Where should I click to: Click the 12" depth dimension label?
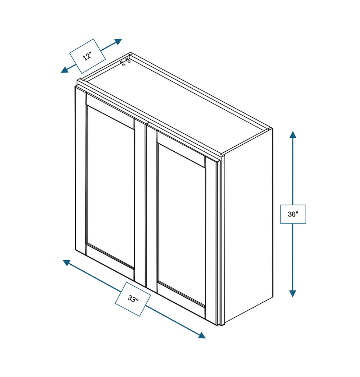pos(88,56)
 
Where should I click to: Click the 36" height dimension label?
pos(293,214)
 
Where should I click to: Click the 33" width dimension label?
pos(133,299)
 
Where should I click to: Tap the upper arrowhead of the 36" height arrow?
pos(293,134)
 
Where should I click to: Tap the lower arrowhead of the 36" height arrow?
pos(293,293)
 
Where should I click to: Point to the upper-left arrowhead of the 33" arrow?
pos(67,263)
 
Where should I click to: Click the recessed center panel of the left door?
pos(110,188)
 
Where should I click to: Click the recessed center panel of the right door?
pos(181,225)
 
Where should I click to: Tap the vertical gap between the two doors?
pos(146,206)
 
